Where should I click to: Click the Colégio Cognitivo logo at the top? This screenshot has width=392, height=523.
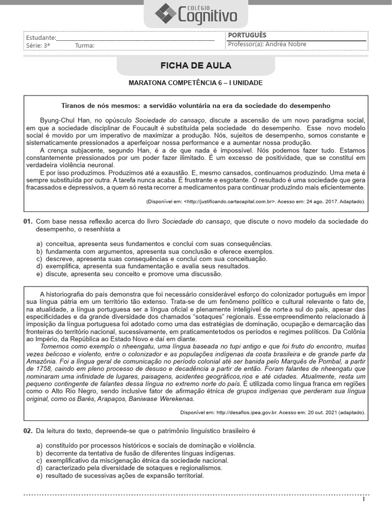pyautogui.click(x=196, y=14)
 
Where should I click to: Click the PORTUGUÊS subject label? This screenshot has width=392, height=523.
pyautogui.click(x=247, y=35)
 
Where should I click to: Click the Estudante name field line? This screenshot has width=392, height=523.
pyautogui.click(x=135, y=38)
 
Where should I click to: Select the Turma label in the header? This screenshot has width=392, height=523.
pyautogui.click(x=85, y=46)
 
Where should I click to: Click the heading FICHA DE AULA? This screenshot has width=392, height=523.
pyautogui.click(x=196, y=66)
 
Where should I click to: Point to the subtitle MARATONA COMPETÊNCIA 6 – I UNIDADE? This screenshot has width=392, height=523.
pyautogui.click(x=195, y=83)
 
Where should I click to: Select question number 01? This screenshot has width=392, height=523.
pyautogui.click(x=28, y=222)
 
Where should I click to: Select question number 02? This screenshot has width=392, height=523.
pyautogui.click(x=28, y=431)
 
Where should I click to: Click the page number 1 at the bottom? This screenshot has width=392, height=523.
pyautogui.click(x=363, y=499)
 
